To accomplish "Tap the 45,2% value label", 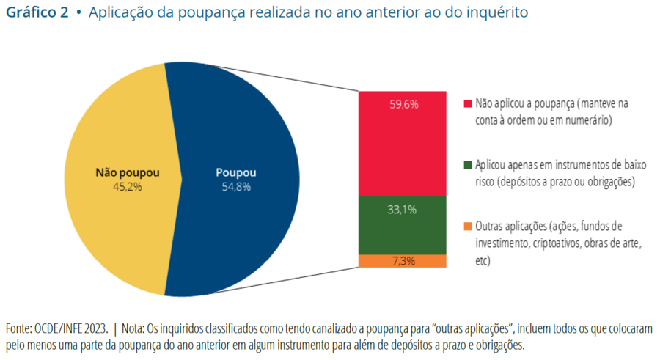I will pos(128,187).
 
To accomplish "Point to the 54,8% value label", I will pos(236,187).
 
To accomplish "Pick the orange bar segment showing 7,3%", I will pos(402,261).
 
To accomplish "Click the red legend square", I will pos(468,104).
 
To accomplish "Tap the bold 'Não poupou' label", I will pos(128,173).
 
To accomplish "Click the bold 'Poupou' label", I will pos(236,173).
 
